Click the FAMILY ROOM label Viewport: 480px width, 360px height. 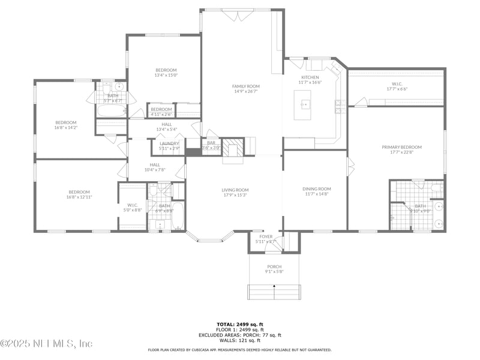[245, 86]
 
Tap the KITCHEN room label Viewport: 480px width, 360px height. [310, 77]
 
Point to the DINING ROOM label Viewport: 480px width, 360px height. [316, 189]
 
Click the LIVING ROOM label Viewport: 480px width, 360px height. [235, 190]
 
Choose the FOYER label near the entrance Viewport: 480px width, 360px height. [266, 236]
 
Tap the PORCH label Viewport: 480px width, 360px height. [274, 266]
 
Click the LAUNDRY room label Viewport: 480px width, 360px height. [170, 143]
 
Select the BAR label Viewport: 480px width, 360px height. [211, 143]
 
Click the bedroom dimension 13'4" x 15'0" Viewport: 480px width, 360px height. [166, 76]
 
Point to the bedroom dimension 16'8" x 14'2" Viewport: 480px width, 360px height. [66, 127]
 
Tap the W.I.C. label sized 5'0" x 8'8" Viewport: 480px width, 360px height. [133, 209]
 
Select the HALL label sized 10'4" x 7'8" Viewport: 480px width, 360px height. [155, 170]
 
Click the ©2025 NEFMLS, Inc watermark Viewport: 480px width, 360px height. [46, 344]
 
